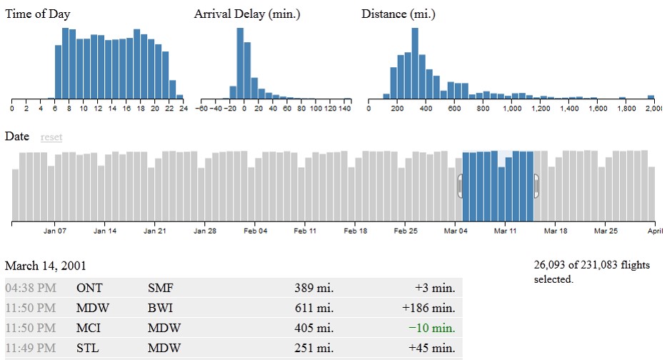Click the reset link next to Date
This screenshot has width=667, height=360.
(x=51, y=137)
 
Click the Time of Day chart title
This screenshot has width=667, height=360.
(x=38, y=14)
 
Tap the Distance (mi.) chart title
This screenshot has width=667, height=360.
(x=398, y=14)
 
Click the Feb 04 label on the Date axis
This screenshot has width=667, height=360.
(x=255, y=231)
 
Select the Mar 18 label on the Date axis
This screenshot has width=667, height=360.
(x=555, y=231)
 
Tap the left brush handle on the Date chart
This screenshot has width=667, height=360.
(x=461, y=186)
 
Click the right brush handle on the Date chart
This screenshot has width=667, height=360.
(x=536, y=186)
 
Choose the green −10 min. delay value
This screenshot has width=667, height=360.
(x=431, y=329)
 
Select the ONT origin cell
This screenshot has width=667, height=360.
(x=89, y=289)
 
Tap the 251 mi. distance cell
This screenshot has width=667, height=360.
(x=314, y=349)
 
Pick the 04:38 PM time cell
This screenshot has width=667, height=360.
(x=30, y=289)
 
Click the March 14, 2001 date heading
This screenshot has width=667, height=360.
(x=46, y=266)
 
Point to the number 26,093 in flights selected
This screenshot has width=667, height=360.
(x=551, y=266)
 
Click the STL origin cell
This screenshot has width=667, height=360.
(x=87, y=349)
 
